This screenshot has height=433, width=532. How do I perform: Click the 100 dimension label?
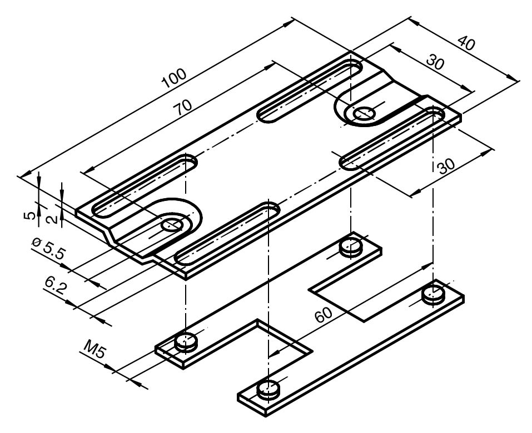(x=175, y=78)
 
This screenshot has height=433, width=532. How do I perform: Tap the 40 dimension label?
(x=467, y=43)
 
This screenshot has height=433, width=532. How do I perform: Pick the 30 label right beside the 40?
(x=435, y=62)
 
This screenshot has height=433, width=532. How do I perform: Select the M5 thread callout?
(x=93, y=351)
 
